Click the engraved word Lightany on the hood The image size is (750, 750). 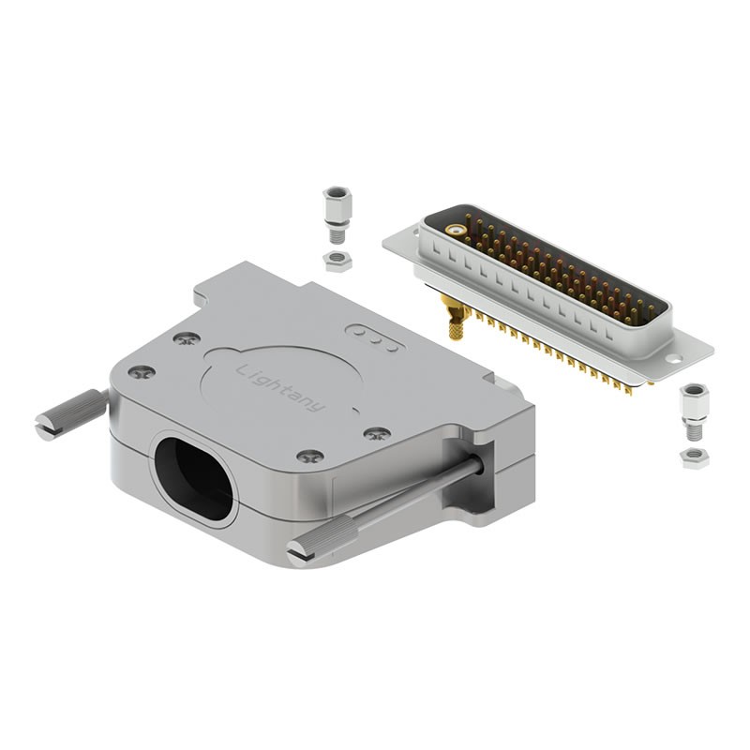[280, 388]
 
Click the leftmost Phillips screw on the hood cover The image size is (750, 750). [142, 371]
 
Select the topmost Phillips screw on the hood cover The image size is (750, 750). [187, 339]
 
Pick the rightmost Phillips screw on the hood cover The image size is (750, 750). [377, 434]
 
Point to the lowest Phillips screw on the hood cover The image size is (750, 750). [310, 457]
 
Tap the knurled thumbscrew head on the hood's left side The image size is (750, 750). [72, 414]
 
